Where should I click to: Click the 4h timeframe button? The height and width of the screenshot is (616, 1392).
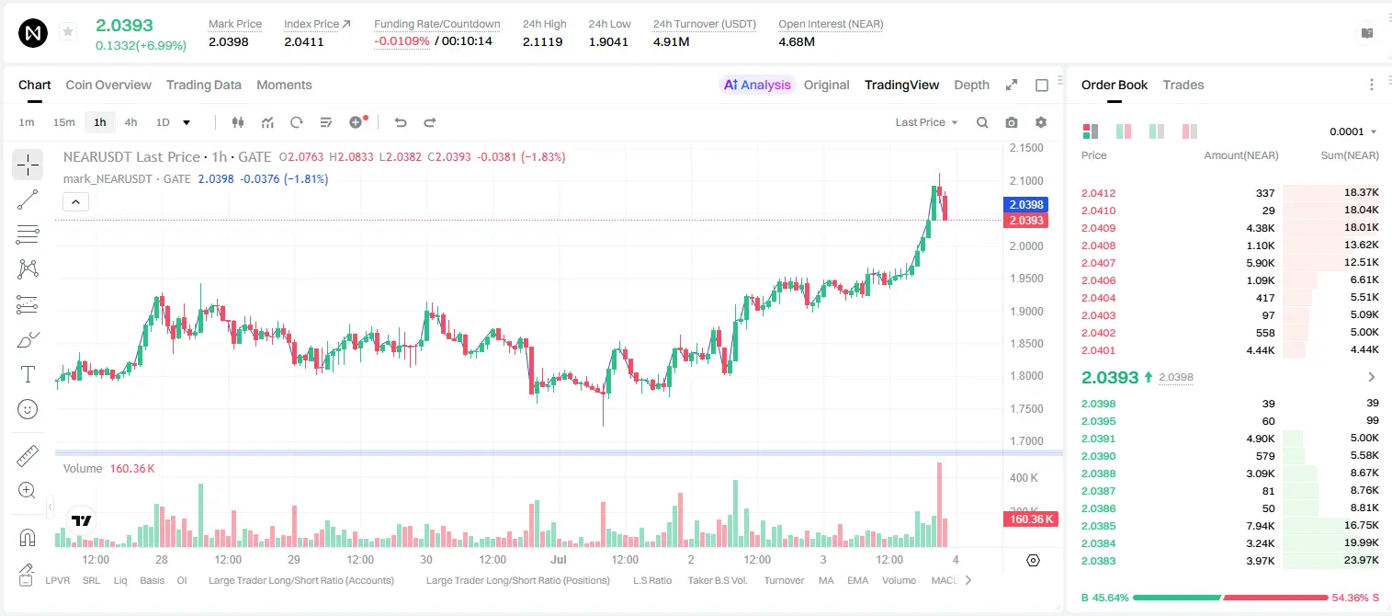(130, 122)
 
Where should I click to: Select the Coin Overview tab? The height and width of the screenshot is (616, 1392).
(108, 85)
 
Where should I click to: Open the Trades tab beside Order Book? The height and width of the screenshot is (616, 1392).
(1183, 85)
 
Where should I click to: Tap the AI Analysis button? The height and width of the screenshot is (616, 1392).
(757, 85)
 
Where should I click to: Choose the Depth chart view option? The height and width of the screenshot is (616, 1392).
(971, 85)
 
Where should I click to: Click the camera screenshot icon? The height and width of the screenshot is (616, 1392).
(1011, 122)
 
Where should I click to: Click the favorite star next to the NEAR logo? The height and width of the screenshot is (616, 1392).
(68, 31)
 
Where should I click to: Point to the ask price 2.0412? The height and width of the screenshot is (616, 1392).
(1098, 193)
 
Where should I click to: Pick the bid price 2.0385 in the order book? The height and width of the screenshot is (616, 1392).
(1098, 526)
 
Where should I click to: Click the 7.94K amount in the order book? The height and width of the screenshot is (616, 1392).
(1261, 526)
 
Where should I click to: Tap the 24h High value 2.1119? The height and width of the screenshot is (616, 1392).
(542, 41)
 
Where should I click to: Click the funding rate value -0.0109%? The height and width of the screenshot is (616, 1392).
(402, 41)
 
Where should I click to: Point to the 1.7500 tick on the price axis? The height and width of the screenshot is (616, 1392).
(1026, 408)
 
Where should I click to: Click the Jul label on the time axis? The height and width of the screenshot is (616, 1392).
(558, 559)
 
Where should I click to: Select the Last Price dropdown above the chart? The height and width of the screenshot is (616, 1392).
(926, 122)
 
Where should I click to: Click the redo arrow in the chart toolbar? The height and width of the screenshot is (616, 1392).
(429, 122)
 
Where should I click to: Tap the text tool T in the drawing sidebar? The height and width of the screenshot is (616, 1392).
(28, 374)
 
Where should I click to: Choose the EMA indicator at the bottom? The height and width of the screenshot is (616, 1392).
(857, 580)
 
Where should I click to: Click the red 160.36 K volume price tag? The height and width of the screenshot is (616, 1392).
(1030, 519)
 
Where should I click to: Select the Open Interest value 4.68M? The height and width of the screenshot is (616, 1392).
(796, 41)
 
